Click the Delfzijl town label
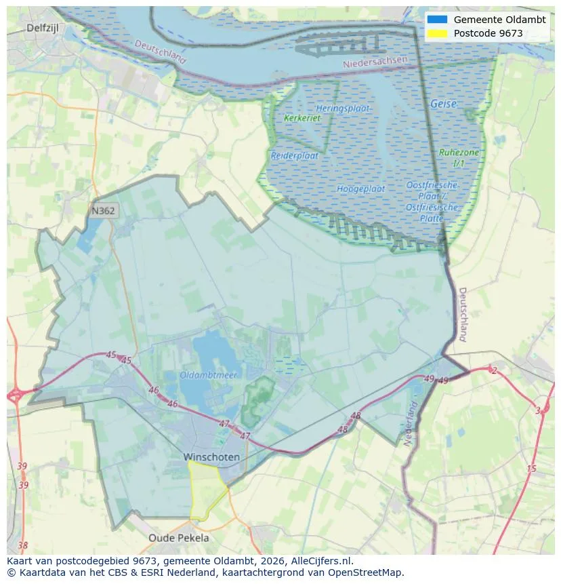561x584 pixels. tap(45, 28)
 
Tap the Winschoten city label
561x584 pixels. tap(211, 457)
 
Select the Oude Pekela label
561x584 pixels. tap(179, 538)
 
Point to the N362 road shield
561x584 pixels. tap(104, 211)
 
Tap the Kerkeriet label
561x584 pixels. tap(302, 118)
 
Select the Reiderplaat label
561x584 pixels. tap(295, 155)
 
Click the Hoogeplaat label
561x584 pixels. tap(360, 189)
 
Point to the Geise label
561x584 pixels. tap(443, 104)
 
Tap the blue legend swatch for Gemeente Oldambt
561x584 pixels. tap(437, 20)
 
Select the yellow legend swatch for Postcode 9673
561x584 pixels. tap(437, 33)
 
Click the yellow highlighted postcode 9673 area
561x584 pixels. tap(206, 490)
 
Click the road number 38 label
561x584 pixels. tap(23, 545)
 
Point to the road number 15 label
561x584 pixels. tap(531, 469)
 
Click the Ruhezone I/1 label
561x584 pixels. tap(459, 158)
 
